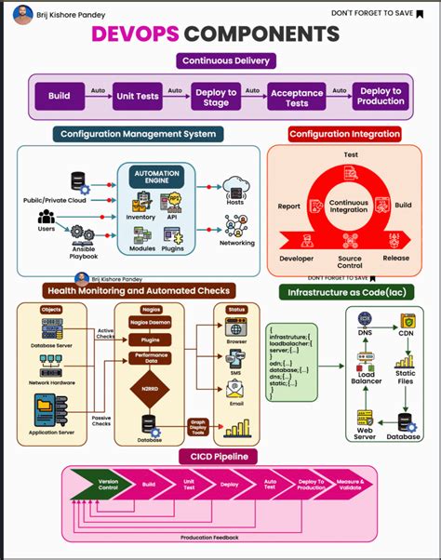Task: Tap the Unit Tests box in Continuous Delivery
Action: (137, 96)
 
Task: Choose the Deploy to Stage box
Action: (214, 96)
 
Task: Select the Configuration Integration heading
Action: (344, 134)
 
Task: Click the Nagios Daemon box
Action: (148, 321)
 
